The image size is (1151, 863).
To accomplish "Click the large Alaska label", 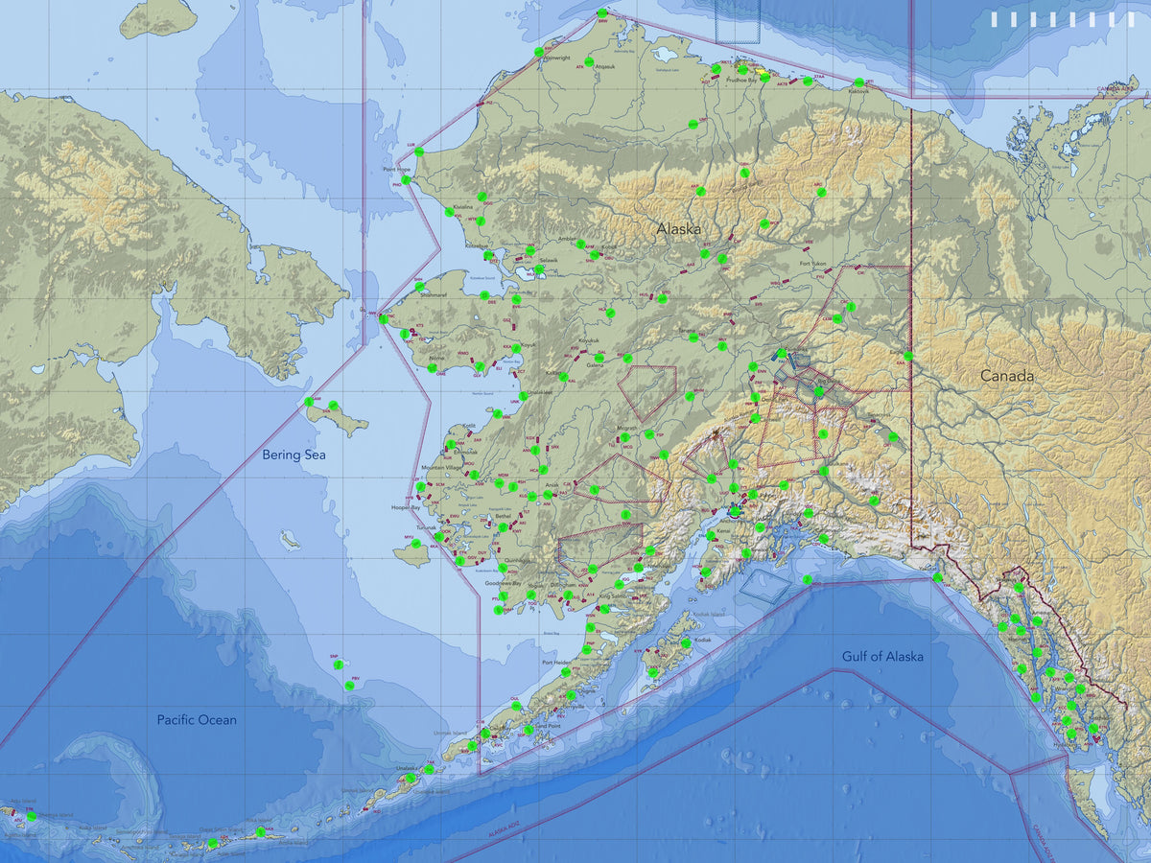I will click(678, 229).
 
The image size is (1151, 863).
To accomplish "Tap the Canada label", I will click(1006, 376).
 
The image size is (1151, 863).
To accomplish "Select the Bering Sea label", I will click(294, 455).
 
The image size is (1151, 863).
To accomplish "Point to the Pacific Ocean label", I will click(197, 719).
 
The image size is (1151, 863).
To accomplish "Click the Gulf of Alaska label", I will click(882, 656).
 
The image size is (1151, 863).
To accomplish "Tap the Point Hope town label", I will click(397, 170).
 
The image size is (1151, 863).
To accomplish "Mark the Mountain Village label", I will click(439, 468).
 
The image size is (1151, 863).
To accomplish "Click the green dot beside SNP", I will click(337, 664).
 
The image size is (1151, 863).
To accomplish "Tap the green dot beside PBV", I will click(348, 686).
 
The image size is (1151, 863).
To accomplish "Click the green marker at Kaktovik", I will click(858, 83).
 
